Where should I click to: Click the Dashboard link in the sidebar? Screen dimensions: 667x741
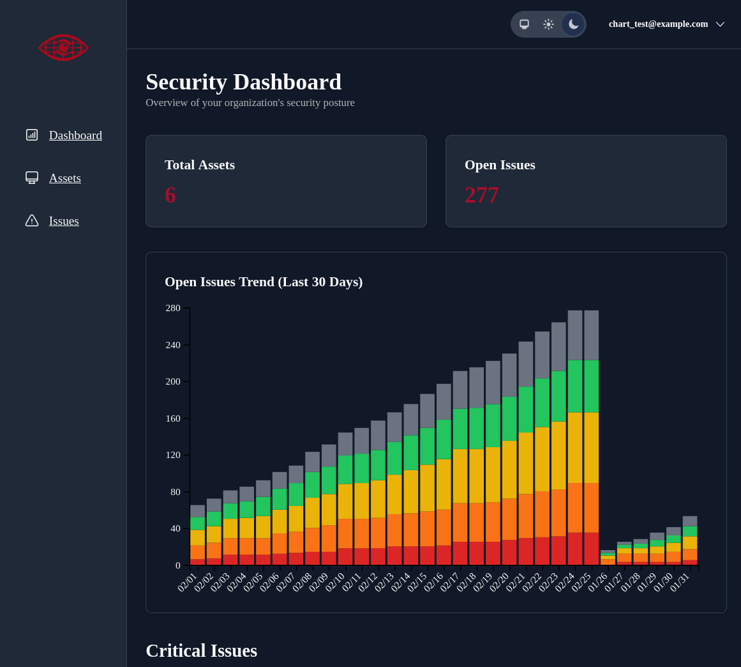[x=75, y=135]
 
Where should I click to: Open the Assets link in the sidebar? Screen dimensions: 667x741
[x=64, y=178]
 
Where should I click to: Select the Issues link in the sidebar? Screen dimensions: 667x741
[x=64, y=221]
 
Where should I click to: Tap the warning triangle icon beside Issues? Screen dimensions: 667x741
[x=32, y=220]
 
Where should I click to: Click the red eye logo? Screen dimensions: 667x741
[x=63, y=47]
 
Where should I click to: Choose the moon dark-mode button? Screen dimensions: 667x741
[x=573, y=24]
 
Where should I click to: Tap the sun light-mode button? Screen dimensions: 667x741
[x=548, y=24]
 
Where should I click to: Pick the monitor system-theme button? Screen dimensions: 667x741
[x=524, y=24]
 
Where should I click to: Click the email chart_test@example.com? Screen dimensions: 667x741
[x=658, y=24]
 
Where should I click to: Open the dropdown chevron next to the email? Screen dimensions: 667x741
[x=720, y=24]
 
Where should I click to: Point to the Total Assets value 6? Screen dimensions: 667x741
[x=170, y=195]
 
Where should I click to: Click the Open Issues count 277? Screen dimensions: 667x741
[x=481, y=195]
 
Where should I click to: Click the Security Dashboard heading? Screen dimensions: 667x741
[x=243, y=82]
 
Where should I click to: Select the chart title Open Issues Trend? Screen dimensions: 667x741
[x=264, y=282]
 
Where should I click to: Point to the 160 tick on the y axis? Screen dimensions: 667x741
[x=173, y=418]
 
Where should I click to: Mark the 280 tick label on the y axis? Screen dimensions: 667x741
[x=173, y=309]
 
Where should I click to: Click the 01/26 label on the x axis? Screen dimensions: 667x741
[x=598, y=582]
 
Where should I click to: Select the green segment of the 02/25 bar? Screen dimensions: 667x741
[x=591, y=386]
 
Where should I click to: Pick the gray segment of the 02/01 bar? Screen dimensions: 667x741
[x=197, y=511]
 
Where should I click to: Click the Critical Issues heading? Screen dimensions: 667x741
[x=201, y=650]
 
